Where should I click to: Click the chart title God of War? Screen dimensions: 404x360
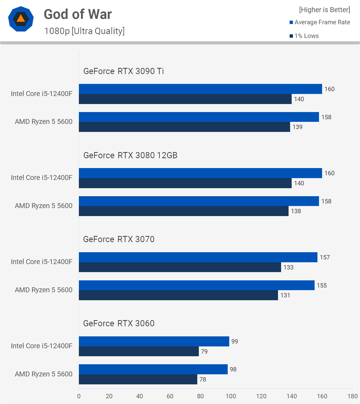[x=78, y=14]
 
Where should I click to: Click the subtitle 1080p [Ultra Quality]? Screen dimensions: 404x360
[x=84, y=31]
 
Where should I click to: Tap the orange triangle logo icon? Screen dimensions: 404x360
[x=21, y=19]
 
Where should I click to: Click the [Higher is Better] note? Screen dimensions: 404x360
[x=324, y=10]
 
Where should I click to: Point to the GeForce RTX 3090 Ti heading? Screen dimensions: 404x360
[x=124, y=71]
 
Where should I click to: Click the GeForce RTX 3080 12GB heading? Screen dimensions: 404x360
[x=130, y=155]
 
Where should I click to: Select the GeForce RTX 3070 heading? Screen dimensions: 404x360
[x=119, y=239]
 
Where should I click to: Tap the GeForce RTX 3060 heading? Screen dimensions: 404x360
[x=119, y=323]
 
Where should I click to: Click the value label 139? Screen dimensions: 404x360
[x=297, y=127]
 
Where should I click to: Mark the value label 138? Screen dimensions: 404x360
[x=296, y=211]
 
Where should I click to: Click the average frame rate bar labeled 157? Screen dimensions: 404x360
[x=198, y=257]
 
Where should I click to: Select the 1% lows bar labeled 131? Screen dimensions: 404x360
[x=178, y=295]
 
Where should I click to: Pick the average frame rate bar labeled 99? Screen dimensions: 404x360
[x=154, y=341]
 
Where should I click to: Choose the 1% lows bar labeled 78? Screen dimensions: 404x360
[x=138, y=379]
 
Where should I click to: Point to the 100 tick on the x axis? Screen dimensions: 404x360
[x=231, y=396]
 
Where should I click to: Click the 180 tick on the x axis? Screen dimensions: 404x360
[x=352, y=396]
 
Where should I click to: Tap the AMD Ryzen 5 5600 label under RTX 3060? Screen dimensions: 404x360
[x=44, y=374]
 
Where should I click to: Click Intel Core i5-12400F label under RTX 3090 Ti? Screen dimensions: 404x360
[x=42, y=93]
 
